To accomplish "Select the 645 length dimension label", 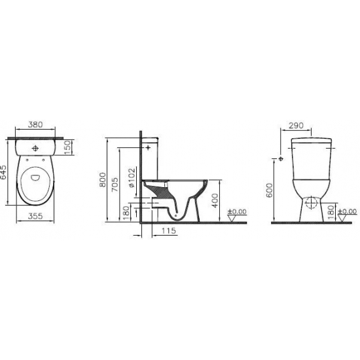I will point(5,173).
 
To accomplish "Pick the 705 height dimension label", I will point(115,184).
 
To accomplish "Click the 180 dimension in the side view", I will point(126,212).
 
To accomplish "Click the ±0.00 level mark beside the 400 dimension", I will point(236,211).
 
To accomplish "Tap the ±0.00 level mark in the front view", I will point(348,211).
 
